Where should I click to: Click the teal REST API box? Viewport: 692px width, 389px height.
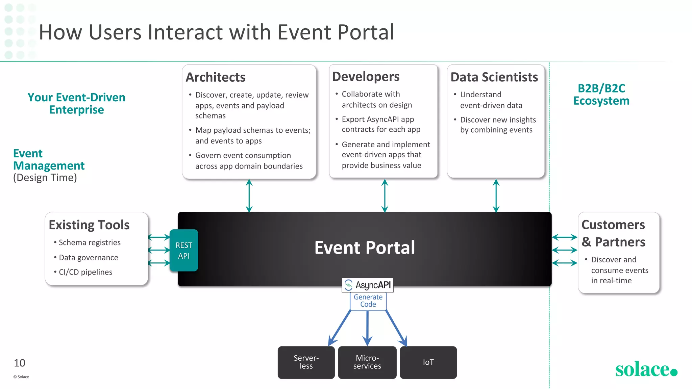tap(184, 250)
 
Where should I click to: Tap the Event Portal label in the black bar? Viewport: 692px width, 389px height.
tap(365, 248)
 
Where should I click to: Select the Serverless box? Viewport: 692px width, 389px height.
tap(306, 362)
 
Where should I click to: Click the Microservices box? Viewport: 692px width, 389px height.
tap(367, 362)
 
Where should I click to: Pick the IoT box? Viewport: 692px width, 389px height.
tap(428, 362)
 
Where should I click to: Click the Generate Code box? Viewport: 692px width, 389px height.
tap(368, 301)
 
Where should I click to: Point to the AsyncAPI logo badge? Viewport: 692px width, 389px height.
tap(368, 285)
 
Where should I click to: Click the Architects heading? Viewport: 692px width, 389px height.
tap(216, 77)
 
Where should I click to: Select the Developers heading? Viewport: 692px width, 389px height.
tap(366, 77)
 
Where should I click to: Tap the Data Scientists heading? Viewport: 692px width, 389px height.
tap(494, 77)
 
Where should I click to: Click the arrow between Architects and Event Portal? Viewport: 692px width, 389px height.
tap(249, 196)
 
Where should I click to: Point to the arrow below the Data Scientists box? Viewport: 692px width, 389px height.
tap(496, 196)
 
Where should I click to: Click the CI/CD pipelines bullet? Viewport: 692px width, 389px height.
tap(85, 272)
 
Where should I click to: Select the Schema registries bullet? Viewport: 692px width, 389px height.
tap(90, 242)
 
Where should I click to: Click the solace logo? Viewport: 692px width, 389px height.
tap(646, 369)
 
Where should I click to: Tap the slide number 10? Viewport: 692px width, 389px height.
tap(20, 363)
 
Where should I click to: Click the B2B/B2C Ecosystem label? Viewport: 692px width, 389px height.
tap(601, 95)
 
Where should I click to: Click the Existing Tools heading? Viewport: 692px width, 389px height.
tap(89, 225)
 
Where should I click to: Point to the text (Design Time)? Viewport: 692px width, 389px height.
tap(45, 178)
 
